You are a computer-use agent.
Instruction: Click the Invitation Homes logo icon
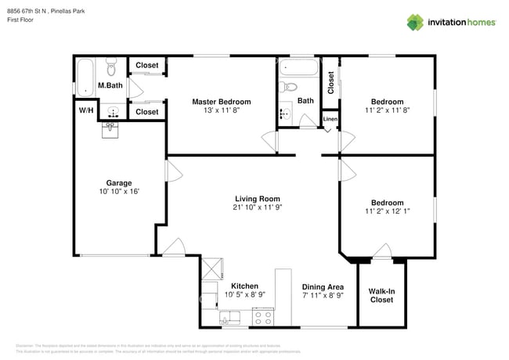point(415,22)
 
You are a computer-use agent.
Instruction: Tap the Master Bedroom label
point(222,102)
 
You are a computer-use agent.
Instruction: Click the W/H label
point(85,111)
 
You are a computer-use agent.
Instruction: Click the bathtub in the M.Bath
point(83,76)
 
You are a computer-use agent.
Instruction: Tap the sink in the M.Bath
point(112,110)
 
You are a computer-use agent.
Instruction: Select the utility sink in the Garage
point(111,128)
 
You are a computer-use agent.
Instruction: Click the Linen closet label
point(330,119)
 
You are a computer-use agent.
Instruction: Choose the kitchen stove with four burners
point(263,318)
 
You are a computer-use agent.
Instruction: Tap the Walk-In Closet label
point(381,295)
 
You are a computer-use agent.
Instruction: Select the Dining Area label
point(323,287)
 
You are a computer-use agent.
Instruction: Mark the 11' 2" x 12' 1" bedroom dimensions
point(387,211)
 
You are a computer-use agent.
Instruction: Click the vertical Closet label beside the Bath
point(330,83)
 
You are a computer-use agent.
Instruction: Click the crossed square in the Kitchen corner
point(212,269)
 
